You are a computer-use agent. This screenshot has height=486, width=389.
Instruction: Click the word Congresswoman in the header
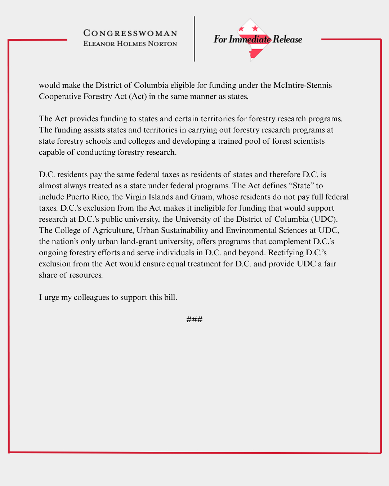(x=130, y=33)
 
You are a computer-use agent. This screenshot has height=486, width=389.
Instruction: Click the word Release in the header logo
(x=287, y=39)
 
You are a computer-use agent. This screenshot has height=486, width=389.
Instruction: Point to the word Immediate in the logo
(x=250, y=39)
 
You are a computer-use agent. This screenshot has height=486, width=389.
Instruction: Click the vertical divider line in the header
(x=194, y=39)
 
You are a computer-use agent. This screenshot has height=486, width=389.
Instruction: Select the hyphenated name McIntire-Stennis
(x=303, y=85)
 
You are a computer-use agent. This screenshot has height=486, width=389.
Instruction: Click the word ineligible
(x=209, y=208)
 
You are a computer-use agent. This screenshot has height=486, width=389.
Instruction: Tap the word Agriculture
(x=113, y=230)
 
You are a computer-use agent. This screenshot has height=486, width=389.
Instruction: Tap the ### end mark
(x=194, y=319)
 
